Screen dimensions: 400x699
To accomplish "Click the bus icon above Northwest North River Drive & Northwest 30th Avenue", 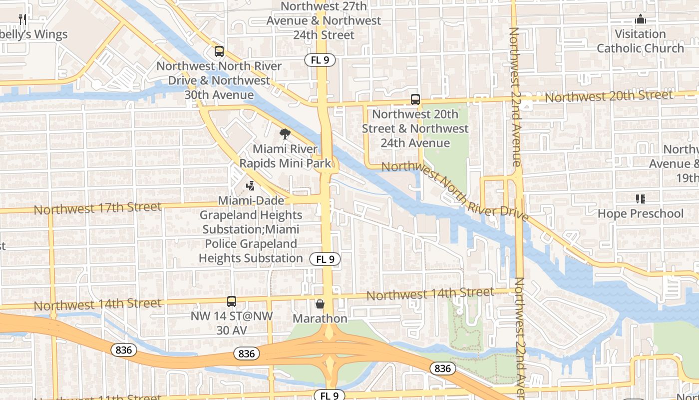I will point(219,51).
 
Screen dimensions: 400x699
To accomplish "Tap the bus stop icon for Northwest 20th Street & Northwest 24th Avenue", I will point(415,99).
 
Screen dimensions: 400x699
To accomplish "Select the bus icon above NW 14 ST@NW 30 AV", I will point(231,301).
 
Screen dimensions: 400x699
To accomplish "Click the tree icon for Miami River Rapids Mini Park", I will point(285,134).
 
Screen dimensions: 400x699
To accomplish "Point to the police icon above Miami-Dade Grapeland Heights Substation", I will point(251,186).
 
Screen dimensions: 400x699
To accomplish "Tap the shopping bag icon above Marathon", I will point(320,304).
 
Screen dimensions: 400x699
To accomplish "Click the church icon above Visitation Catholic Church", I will point(640,19).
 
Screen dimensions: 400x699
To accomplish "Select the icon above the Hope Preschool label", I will point(641,199).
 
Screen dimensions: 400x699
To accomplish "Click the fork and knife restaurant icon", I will point(22,19).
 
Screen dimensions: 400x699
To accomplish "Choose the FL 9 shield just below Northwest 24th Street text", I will point(320,60).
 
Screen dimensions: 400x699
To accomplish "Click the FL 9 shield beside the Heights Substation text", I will point(325,259).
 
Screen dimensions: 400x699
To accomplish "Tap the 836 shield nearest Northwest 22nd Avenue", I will point(442,368).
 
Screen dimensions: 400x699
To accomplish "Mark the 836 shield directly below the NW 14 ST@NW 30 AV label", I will point(246,353).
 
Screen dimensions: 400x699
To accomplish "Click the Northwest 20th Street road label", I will point(609,96).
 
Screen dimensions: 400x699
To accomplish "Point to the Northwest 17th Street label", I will point(98,207).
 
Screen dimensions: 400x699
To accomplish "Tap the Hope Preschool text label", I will point(640,213).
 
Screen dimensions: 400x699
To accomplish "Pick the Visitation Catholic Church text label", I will point(640,41).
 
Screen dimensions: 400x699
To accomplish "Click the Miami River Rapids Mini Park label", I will point(285,156).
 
